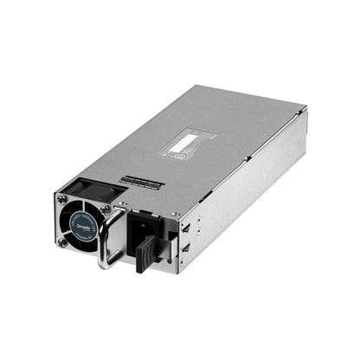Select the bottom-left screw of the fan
click(63, 243)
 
